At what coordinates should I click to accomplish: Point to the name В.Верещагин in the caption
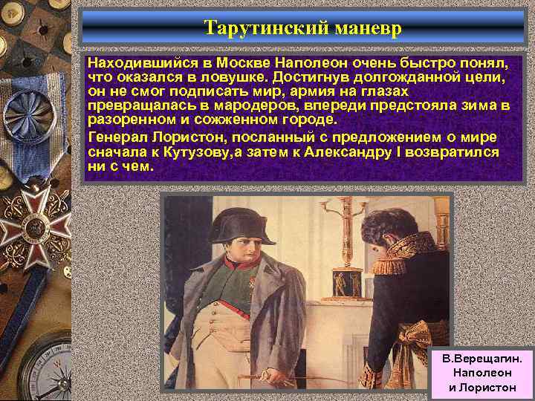pyautogui.click(x=482, y=358)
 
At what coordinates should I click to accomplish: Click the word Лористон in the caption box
pyautogui.click(x=483, y=388)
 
